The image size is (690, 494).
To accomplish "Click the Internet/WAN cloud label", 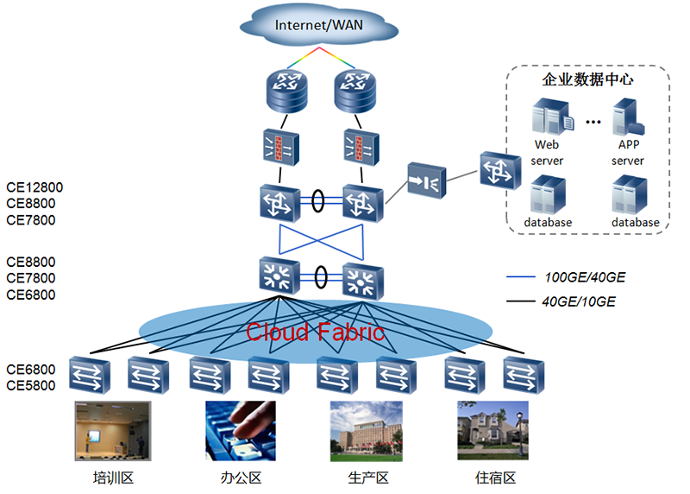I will pos(318,24).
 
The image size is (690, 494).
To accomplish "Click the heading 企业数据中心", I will pos(587,79).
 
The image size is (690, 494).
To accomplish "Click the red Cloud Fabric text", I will pos(315,332).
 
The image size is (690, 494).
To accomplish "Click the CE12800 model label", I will pos(34,187).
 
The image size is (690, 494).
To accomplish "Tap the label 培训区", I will pos(114,478).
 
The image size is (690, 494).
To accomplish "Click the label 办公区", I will pos(241,478).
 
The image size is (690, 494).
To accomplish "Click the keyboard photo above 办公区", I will pos(241,430).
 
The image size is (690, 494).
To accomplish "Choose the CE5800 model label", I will pos(31,385).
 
